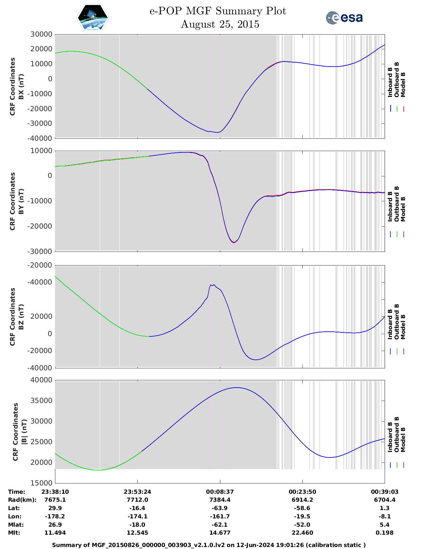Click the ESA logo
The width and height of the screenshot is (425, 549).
(344, 18)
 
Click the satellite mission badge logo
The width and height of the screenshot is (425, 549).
(93, 18)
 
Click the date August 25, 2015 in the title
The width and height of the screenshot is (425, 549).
(220, 24)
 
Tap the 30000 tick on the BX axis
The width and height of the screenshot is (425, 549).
(41, 34)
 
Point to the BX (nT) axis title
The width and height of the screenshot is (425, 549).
(21, 87)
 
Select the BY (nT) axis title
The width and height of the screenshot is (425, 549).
(21, 201)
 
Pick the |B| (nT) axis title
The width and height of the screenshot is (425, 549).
(24, 432)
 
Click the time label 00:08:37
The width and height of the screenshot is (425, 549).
(220, 492)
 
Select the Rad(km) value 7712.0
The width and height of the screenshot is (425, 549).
(137, 500)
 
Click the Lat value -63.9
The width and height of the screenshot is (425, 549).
(220, 508)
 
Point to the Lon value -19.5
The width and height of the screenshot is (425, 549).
(302, 516)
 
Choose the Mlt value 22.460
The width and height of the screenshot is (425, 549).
(302, 533)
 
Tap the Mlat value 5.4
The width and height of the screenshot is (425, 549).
(385, 525)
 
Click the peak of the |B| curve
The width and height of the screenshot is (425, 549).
(236, 388)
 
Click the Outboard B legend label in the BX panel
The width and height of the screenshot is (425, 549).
(397, 80)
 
